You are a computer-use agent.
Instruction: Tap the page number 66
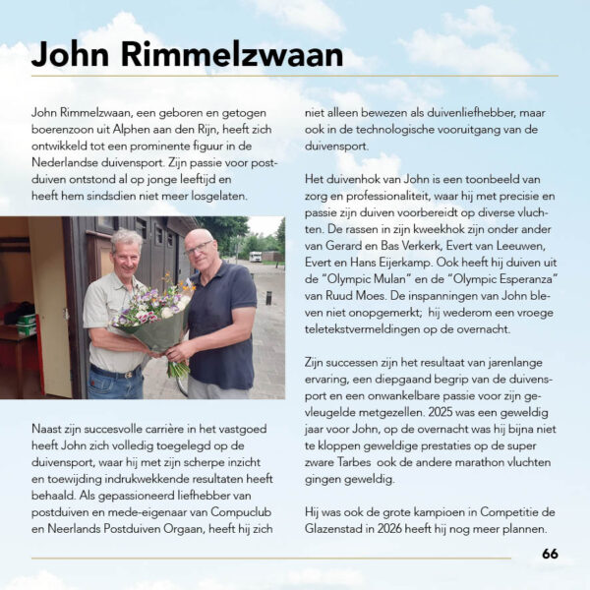(550, 554)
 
